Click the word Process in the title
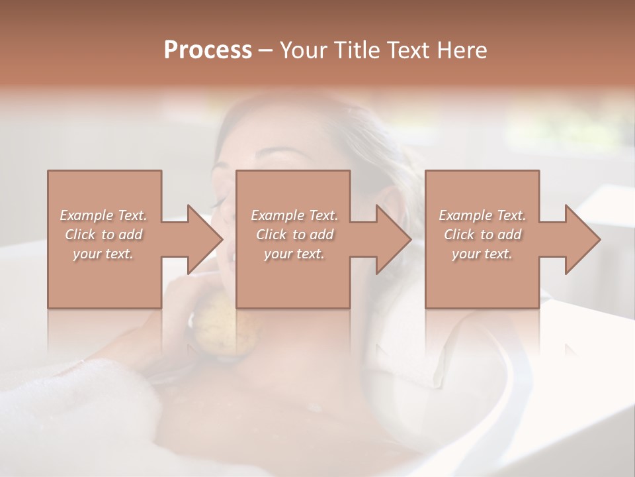pos(208,50)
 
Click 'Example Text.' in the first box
pos(104,215)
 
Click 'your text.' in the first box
pos(104,254)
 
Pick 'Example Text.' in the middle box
pos(294,215)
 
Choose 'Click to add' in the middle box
pos(294,235)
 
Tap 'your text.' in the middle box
pos(294,254)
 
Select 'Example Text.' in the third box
pos(482,215)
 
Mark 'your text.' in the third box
pos(482,254)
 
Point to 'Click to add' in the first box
pos(104,235)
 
